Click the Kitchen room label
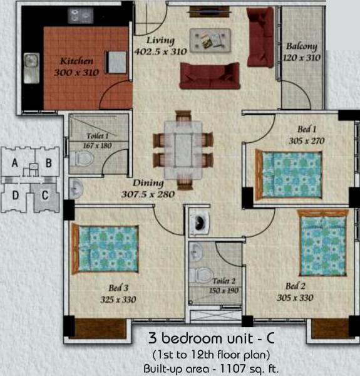coord(76,61)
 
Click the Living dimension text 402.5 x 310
coord(160,52)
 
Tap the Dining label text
coord(148,184)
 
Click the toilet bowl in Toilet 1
coord(81,159)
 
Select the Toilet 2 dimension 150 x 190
coord(224,290)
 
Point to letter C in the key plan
coord(44,194)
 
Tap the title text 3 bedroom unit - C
coord(211,339)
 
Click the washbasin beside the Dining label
coord(75,187)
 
